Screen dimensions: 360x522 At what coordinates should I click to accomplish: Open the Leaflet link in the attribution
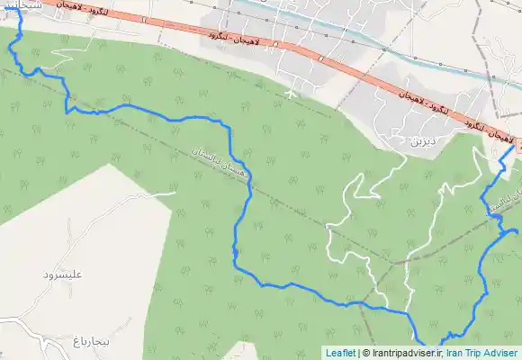(x=340, y=353)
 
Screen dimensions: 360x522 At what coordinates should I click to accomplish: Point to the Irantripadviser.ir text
(x=404, y=353)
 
